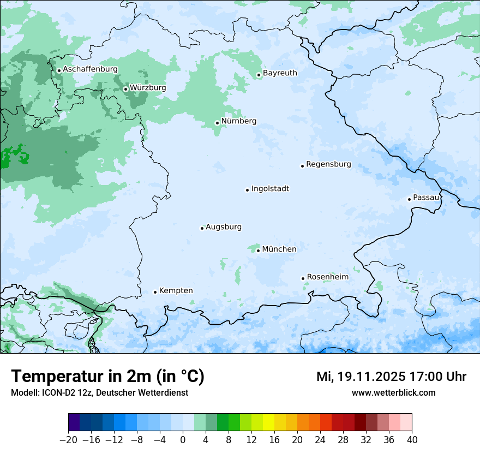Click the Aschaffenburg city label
coord(90,69)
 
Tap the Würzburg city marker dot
coord(125,89)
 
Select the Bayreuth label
coord(280,73)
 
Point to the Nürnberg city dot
coord(217,123)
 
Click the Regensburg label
coord(328,164)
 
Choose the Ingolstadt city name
coord(270,189)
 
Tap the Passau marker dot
coord(409,199)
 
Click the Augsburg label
coord(224,227)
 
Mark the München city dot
coord(258,251)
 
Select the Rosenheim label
coord(327,277)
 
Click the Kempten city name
coord(176,290)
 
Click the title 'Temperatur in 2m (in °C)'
coord(107,376)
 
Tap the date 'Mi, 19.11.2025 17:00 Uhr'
coord(391,377)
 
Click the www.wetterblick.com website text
coord(393,393)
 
